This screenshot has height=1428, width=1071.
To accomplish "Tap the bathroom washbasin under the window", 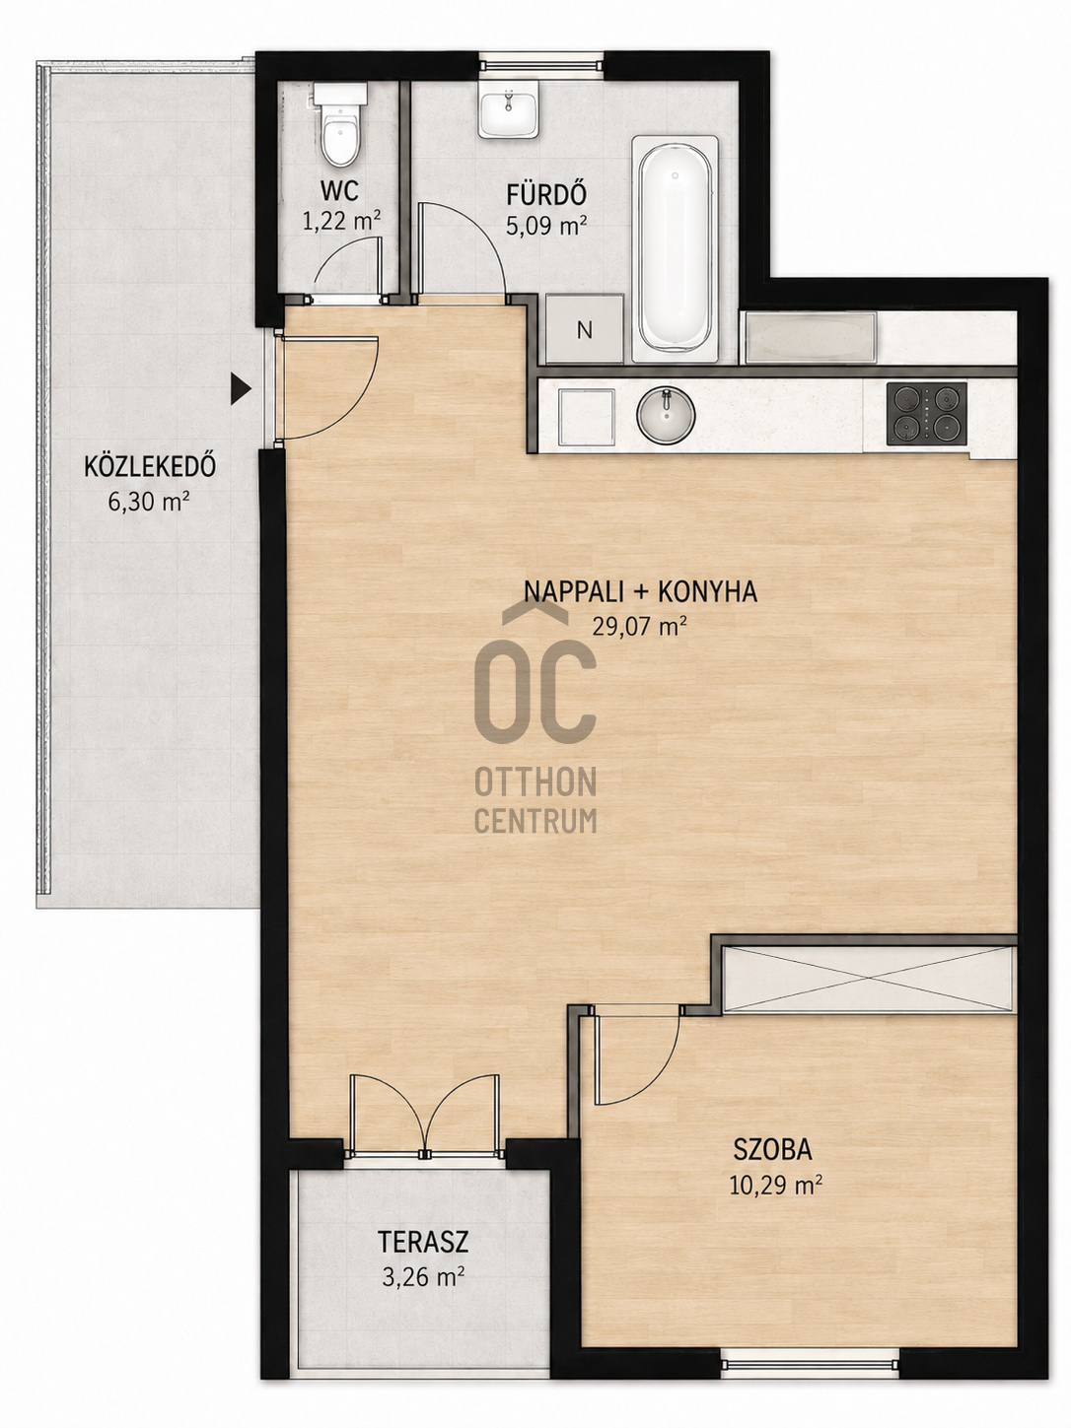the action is pyautogui.click(x=509, y=108).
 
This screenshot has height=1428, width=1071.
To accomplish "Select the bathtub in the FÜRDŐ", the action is pyautogui.click(x=676, y=248).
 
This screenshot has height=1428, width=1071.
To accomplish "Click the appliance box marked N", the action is pyautogui.click(x=585, y=329).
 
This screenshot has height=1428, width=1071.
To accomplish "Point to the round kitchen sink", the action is pyautogui.click(x=666, y=414).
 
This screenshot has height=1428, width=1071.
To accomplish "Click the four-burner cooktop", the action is pyautogui.click(x=926, y=413).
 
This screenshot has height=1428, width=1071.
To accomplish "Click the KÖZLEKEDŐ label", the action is pyautogui.click(x=150, y=467).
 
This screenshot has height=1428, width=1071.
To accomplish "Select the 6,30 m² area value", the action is pyautogui.click(x=149, y=503).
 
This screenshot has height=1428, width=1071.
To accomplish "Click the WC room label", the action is pyautogui.click(x=339, y=191).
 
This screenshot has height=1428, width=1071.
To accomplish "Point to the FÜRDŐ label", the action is pyautogui.click(x=547, y=193).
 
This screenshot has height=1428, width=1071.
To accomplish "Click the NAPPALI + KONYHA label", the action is pyautogui.click(x=641, y=592).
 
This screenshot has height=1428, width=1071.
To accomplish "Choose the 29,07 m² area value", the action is pyautogui.click(x=640, y=626).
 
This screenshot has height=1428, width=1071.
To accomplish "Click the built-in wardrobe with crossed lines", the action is pyautogui.click(x=869, y=980).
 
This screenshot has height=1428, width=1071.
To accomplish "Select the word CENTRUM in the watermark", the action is pyautogui.click(x=535, y=821).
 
